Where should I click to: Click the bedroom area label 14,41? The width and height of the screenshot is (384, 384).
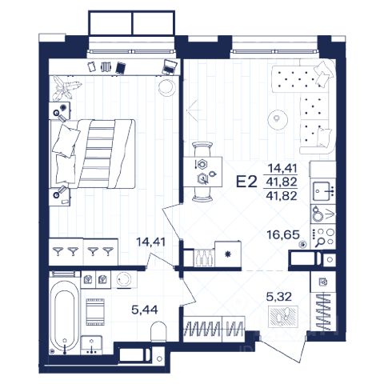click(150, 242)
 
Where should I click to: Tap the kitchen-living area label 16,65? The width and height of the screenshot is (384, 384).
click(283, 235)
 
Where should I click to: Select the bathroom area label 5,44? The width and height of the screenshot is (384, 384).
click(145, 310)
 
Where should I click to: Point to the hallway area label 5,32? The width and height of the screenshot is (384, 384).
click(279, 296)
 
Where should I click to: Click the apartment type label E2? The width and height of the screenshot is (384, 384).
click(246, 182)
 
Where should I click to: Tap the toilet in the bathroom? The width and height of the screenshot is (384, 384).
click(158, 331)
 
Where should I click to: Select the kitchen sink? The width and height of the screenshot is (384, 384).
click(323, 191)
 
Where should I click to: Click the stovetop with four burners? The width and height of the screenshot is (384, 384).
click(323, 237)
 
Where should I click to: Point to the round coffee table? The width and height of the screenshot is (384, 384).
click(278, 118)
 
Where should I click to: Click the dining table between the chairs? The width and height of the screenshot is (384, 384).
click(203, 172)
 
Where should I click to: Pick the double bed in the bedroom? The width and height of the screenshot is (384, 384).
click(93, 154)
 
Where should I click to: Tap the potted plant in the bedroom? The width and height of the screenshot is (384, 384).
click(66, 88)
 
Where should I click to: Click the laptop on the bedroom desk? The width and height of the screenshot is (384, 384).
click(170, 66)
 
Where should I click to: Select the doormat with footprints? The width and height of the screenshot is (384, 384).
click(283, 317)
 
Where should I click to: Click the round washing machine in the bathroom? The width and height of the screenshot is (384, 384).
click(124, 279)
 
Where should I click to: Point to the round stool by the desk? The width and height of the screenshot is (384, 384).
click(166, 87)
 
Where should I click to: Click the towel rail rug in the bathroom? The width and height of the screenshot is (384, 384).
click(95, 312)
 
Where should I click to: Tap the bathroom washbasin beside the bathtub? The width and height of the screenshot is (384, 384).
click(91, 346)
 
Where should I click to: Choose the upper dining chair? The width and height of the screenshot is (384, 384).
click(203, 149)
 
